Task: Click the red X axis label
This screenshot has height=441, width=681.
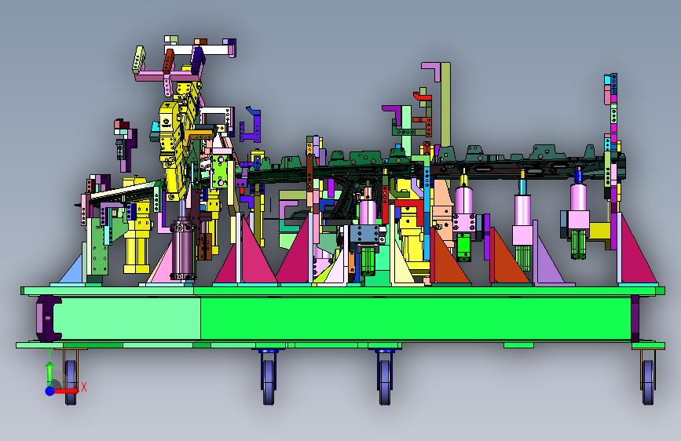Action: tap(84, 387)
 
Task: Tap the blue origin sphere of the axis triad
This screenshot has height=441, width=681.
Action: tap(50, 391)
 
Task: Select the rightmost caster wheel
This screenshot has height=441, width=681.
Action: tap(647, 382)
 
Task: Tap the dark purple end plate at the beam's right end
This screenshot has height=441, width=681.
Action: tap(635, 319)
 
